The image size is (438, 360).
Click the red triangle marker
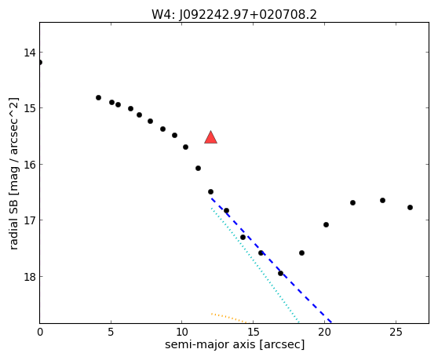tap(210, 137)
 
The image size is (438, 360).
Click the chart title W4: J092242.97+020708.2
tap(234, 15)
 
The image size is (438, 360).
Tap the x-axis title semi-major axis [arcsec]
tap(235, 344)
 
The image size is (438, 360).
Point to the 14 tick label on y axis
tap(30, 53)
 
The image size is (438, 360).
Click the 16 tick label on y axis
tap(30, 165)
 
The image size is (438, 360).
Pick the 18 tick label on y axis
tap(30, 277)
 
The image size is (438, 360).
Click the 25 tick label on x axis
tap(396, 332)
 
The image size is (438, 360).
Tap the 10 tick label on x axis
tap(182, 332)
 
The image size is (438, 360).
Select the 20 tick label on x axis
tap(324, 332)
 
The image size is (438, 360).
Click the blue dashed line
tap(271, 260)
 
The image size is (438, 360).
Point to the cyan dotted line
tap(255, 265)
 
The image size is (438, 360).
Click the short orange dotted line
tap(229, 318)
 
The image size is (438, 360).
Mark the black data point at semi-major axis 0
tap(40, 62)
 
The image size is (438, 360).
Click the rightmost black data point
tap(410, 207)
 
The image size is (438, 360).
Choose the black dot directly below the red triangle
tap(210, 191)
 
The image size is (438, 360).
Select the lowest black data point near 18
tap(280, 273)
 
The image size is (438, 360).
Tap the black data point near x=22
tap(352, 202)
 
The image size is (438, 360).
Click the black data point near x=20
tap(326, 224)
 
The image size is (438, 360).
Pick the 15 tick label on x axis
tap(253, 332)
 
